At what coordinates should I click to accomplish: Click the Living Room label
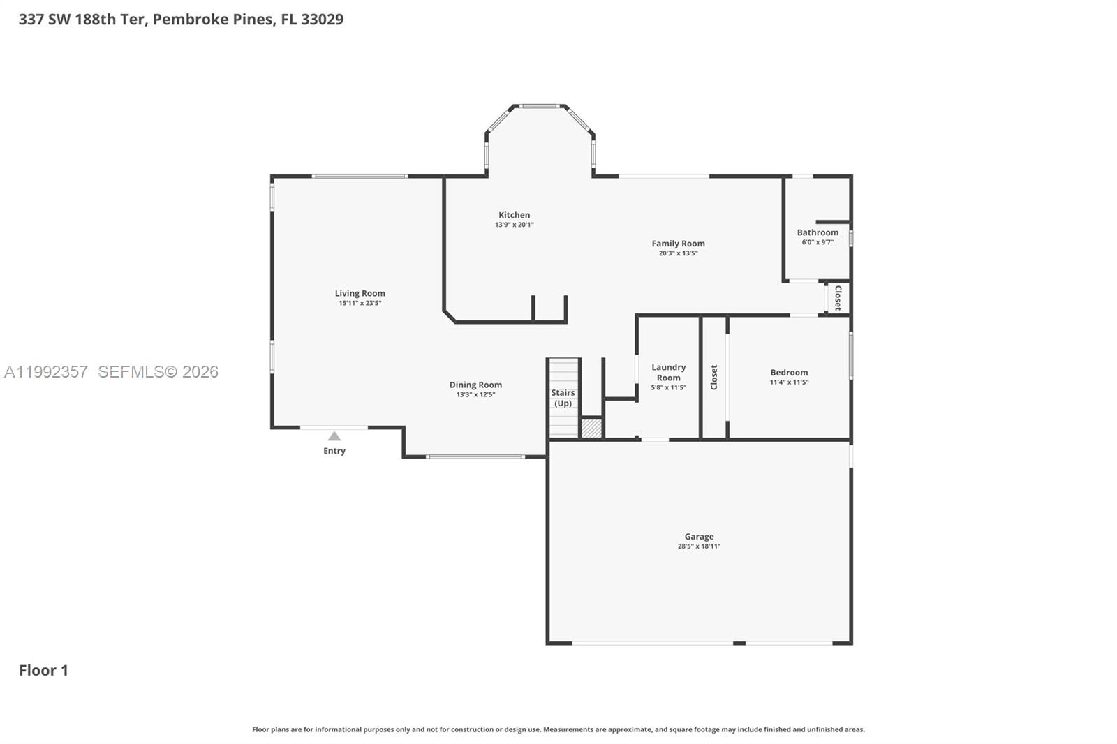tap(360, 293)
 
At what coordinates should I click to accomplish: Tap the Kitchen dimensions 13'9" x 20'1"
tap(515, 225)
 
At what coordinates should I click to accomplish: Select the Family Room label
tap(678, 244)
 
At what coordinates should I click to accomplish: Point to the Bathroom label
tap(818, 232)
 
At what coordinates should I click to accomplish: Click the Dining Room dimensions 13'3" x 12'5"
tap(475, 394)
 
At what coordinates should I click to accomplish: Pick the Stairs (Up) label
tap(563, 398)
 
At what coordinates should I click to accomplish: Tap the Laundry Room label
tap(668, 372)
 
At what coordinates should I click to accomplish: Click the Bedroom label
tap(789, 373)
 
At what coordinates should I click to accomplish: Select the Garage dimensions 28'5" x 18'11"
tap(699, 546)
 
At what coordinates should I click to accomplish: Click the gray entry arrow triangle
tap(334, 436)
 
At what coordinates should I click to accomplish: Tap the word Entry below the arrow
tap(334, 451)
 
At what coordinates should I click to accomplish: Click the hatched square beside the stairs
tap(591, 428)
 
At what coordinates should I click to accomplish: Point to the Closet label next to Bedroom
tap(714, 377)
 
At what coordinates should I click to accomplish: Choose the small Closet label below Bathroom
tap(838, 298)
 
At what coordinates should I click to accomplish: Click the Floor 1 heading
tap(43, 670)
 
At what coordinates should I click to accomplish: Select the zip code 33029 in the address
tap(322, 19)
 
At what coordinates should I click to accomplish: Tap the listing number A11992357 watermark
tap(46, 372)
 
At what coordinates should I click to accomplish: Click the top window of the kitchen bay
tap(540, 106)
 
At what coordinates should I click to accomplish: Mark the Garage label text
tap(699, 537)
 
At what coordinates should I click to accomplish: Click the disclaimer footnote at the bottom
tap(558, 729)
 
